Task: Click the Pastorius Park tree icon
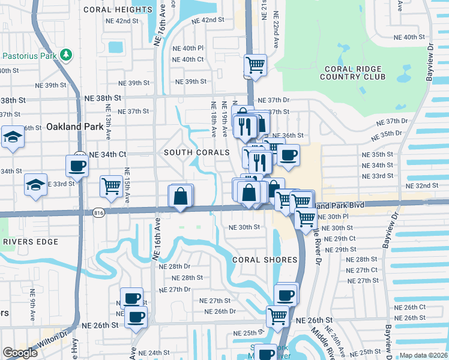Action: (x=65, y=55)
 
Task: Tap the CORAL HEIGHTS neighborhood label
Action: (x=118, y=10)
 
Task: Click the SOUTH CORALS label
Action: (x=197, y=152)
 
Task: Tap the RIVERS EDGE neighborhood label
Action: (x=30, y=242)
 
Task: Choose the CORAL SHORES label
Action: (x=265, y=260)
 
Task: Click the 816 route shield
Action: (x=99, y=212)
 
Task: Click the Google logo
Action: (x=20, y=353)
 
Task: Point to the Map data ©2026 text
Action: (x=423, y=355)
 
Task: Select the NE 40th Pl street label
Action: (x=188, y=48)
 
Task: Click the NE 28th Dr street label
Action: (x=175, y=266)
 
